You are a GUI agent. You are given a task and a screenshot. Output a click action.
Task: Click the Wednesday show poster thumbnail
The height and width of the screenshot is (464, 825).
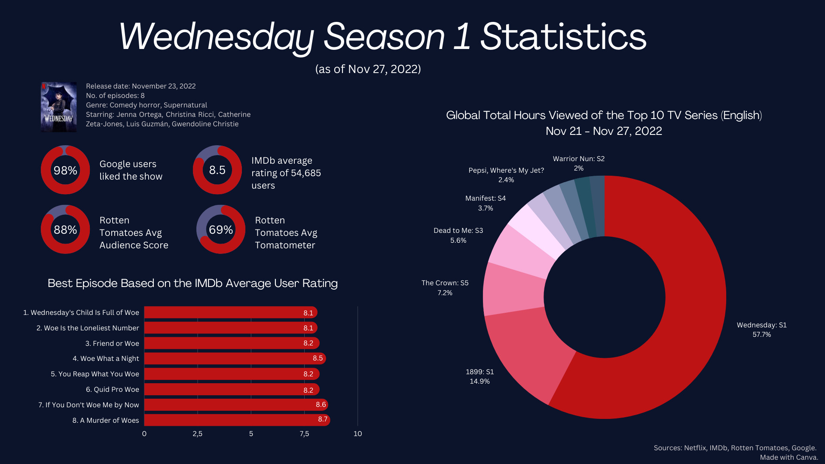[59, 107]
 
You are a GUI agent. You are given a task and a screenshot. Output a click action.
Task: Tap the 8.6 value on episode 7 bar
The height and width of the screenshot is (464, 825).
[321, 405]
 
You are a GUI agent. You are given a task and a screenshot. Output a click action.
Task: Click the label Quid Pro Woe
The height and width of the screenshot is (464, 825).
[112, 390]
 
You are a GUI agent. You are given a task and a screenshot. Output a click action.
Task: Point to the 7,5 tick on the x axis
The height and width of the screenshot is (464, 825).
[304, 434]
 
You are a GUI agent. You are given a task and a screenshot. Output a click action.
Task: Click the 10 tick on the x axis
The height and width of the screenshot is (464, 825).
[357, 434]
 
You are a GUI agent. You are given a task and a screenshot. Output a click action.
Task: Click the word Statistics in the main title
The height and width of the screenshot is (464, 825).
[563, 37]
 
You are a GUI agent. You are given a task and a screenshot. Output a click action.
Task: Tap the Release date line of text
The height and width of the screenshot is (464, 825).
[141, 86]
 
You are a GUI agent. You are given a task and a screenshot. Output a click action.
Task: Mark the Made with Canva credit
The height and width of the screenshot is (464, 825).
[788, 457]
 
